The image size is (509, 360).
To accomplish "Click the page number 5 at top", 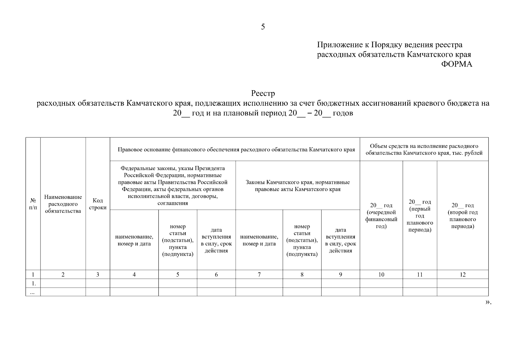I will [263, 27].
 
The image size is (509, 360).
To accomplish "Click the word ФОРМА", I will [457, 64].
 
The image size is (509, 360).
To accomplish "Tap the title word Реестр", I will [263, 94].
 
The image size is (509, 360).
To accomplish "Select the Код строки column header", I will [98, 204].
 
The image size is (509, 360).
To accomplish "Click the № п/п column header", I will [33, 204].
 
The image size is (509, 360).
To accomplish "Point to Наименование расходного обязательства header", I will [63, 204].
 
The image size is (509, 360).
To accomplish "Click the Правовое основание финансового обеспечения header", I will [236, 149].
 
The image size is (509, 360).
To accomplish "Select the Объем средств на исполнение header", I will [424, 149].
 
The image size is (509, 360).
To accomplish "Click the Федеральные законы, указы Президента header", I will [173, 186].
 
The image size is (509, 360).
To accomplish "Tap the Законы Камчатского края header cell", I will [298, 186].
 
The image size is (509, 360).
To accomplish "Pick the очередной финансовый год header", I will [381, 216].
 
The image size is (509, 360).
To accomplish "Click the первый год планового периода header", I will [420, 216].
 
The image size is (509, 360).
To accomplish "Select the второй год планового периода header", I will [463, 216].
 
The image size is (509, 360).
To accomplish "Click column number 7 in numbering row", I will [259, 274].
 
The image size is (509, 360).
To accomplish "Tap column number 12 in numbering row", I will [463, 274].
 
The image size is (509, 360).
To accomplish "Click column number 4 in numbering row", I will [134, 274].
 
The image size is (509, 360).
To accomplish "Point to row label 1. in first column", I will [33, 283].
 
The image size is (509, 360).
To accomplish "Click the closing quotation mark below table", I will [488, 302].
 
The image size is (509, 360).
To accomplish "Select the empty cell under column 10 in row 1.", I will [381, 283].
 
